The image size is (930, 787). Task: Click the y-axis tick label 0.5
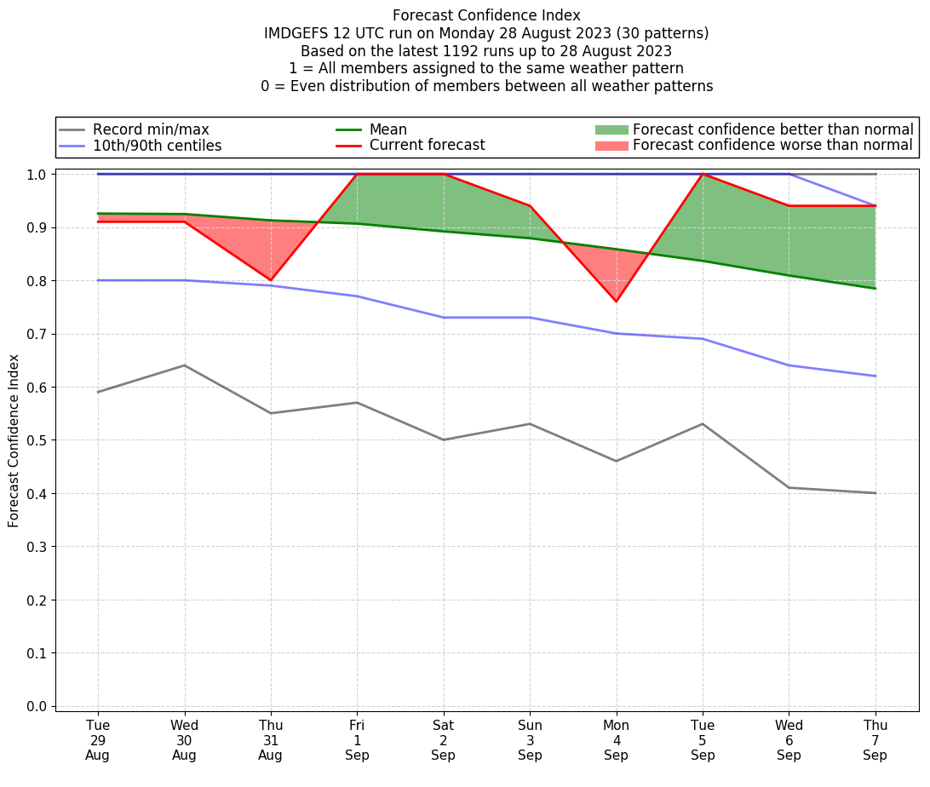pyautogui.click(x=37, y=440)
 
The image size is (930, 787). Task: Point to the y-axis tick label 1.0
pyautogui.click(x=37, y=175)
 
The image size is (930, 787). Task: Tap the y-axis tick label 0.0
pyautogui.click(x=37, y=706)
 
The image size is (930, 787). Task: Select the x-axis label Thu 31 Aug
pyautogui.click(x=271, y=740)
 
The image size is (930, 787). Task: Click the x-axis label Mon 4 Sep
pyautogui.click(x=616, y=740)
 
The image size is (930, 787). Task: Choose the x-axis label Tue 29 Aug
pyautogui.click(x=98, y=740)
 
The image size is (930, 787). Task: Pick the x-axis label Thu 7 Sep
pyautogui.click(x=875, y=740)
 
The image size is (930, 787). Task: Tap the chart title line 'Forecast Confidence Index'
pyautogui.click(x=486, y=15)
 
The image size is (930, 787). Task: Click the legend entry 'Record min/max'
pyautogui.click(x=151, y=129)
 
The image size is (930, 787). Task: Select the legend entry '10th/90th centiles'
pyautogui.click(x=157, y=146)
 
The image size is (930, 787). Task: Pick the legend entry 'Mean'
pyautogui.click(x=387, y=129)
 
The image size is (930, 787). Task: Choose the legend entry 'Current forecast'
pyautogui.click(x=427, y=146)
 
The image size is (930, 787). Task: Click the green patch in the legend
pyautogui.click(x=611, y=129)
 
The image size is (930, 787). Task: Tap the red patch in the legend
pyautogui.click(x=611, y=146)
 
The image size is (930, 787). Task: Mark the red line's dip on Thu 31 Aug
pyautogui.click(x=271, y=280)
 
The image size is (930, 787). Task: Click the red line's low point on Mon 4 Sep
pyautogui.click(x=616, y=302)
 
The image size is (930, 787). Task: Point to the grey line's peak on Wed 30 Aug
pyautogui.click(x=184, y=365)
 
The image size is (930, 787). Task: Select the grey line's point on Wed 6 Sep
pyautogui.click(x=789, y=487)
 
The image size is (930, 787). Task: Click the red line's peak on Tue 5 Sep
pyautogui.click(x=703, y=174)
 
